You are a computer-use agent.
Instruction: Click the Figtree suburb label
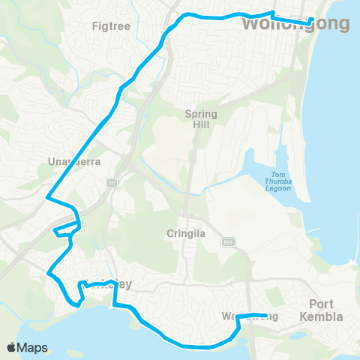pos(110,26)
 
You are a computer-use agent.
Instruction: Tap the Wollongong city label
pos(295,25)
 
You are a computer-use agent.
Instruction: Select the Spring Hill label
pos(201,119)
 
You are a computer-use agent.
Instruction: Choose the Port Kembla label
pos(327,310)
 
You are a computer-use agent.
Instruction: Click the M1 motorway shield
pos(112,181)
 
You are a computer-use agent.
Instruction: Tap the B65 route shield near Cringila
pos(226,241)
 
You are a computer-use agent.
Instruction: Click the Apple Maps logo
pos(27,347)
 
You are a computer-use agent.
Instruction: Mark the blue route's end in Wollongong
pos(312,19)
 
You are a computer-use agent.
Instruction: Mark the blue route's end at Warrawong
pos(266,316)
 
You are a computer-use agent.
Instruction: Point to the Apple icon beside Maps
pos(12,347)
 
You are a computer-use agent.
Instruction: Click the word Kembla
pos(327,316)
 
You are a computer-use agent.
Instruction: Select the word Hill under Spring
pos(201,124)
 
